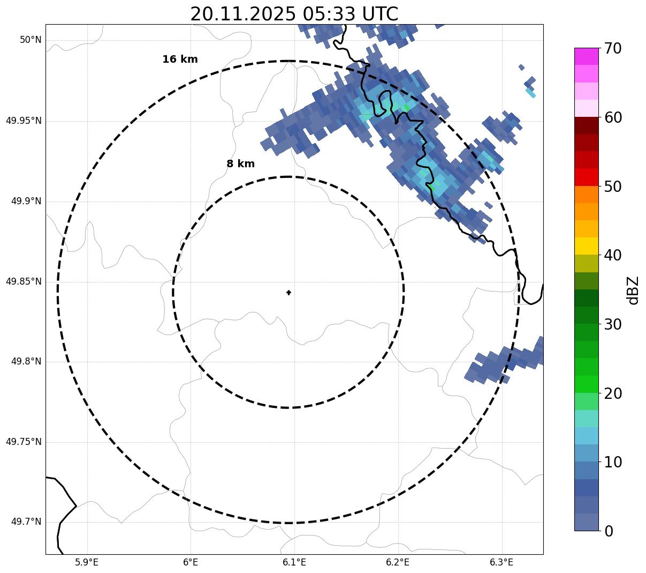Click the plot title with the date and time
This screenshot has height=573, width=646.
coord(294,14)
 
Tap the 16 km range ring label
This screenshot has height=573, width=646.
coord(180,59)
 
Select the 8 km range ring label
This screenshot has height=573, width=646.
coord(240,164)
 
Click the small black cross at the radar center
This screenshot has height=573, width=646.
coord(288,293)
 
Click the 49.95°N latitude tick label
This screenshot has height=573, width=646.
coord(24,121)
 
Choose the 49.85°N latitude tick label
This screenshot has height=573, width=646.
coord(24,281)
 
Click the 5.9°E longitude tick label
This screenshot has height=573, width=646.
coord(87,562)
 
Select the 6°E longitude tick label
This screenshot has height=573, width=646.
coord(191,562)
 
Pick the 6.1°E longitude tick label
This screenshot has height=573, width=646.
coord(294,562)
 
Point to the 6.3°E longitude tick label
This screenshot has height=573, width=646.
coord(501,562)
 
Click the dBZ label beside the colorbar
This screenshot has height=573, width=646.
coord(633,290)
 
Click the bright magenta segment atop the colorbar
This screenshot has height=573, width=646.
coord(587,56)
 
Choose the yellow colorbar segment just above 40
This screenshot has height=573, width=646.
coord(587,246)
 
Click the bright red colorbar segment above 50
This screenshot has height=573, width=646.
coord(587,177)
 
